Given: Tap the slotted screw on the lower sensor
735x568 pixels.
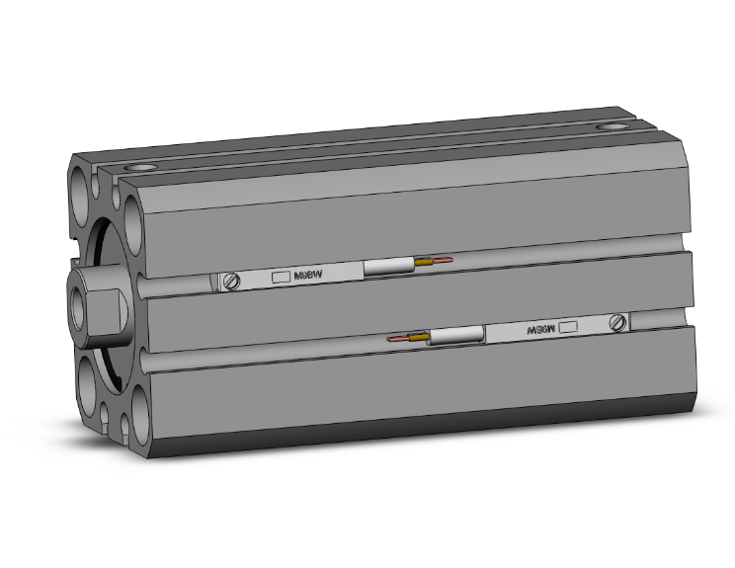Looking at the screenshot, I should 618,322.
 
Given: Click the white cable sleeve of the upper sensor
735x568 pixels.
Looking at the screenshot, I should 389,267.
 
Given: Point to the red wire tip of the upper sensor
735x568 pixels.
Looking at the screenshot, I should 447,261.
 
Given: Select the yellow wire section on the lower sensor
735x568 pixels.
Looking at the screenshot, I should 421,338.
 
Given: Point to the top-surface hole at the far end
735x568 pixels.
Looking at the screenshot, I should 613,127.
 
